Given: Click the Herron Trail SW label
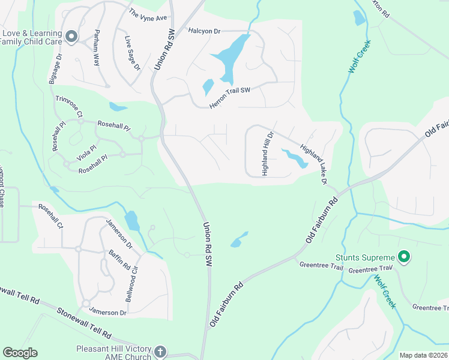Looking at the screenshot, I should (229, 97).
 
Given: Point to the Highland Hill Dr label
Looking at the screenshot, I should (267, 154).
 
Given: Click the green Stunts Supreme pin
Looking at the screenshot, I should (404, 257).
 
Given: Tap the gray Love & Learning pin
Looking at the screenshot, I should (71, 37).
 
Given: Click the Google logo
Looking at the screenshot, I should (20, 353).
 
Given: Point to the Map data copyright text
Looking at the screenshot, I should (423, 355).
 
